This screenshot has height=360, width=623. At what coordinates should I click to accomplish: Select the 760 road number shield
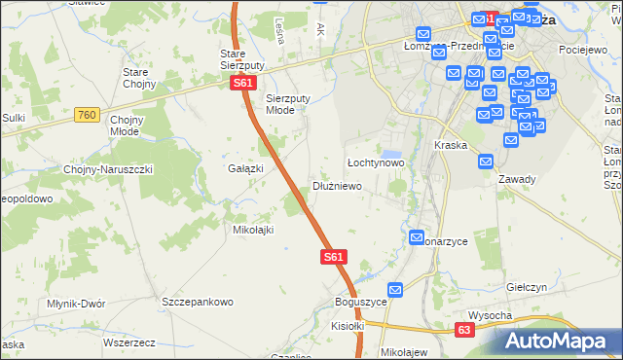[86, 116]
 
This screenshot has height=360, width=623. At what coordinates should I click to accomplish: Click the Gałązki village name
[246, 168]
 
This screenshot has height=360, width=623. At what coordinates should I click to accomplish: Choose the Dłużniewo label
[337, 185]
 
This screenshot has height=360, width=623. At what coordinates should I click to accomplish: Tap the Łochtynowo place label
[376, 162]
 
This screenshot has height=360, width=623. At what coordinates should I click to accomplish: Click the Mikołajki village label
[253, 230]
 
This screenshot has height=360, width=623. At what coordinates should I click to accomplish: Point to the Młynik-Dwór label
[76, 304]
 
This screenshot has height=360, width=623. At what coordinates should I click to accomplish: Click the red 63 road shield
[465, 331]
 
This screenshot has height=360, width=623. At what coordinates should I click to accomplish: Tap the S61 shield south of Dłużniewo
[333, 257]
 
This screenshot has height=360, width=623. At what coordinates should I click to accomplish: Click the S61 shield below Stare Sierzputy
[243, 84]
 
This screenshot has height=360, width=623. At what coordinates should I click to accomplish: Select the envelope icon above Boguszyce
[395, 290]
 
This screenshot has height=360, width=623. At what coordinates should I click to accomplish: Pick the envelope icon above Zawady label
[486, 163]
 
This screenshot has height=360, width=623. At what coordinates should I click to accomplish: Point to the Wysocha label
[490, 315]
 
